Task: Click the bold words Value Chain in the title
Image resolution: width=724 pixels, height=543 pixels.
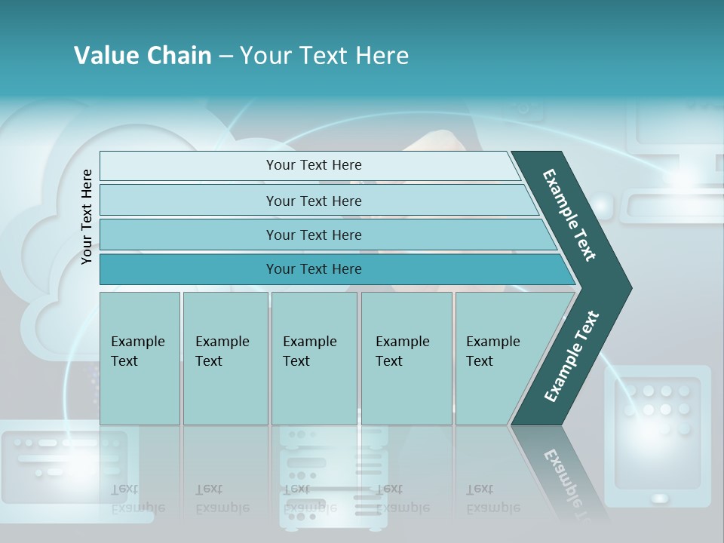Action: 143,56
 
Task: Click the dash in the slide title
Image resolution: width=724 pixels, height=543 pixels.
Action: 225,57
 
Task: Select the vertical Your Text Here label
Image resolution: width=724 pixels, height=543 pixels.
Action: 87,216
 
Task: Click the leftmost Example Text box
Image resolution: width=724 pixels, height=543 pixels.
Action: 140,358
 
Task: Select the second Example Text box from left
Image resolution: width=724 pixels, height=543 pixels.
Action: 225,358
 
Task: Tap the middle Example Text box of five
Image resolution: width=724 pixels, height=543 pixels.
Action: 314,358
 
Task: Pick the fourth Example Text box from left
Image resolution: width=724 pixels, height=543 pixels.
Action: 406,358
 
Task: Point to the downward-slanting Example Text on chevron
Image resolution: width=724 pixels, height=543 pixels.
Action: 570,214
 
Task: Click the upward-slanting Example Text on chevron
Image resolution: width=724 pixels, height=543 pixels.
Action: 571,357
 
